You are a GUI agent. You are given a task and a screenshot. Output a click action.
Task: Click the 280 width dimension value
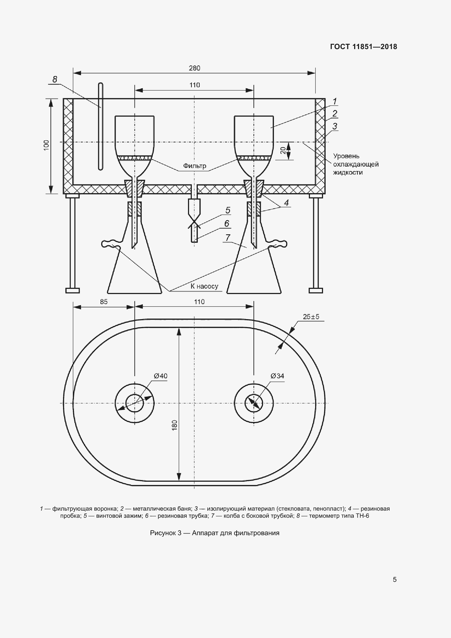click(195, 68)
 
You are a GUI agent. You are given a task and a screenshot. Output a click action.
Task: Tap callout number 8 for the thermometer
click(55, 79)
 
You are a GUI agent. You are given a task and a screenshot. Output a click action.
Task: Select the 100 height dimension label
click(46, 145)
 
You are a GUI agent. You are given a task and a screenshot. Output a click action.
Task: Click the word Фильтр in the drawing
click(195, 166)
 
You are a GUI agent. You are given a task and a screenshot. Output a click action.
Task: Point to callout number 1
click(335, 101)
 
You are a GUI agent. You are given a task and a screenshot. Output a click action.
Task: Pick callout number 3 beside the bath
click(335, 126)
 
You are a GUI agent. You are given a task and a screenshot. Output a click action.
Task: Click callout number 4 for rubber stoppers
click(286, 203)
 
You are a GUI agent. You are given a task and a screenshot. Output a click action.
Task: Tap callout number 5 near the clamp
click(228, 210)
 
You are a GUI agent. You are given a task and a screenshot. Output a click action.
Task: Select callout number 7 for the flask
click(228, 238)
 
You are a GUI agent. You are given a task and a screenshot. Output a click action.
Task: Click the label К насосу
click(204, 286)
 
